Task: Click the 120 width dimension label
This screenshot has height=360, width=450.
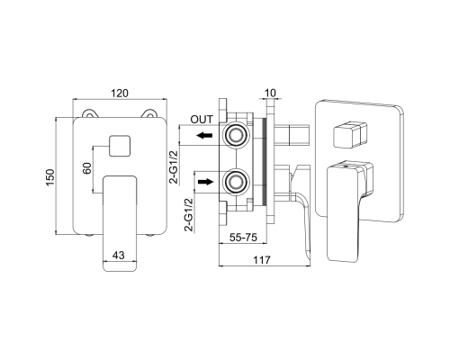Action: pyautogui.click(x=120, y=93)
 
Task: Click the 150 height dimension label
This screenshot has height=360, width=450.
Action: pyautogui.click(x=50, y=177)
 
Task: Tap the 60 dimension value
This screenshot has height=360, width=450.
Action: pyautogui.click(x=87, y=168)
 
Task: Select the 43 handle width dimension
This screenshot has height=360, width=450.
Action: pyautogui.click(x=118, y=256)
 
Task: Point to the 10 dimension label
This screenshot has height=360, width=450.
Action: pyautogui.click(x=270, y=93)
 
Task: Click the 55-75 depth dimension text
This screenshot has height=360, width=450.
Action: pyautogui.click(x=243, y=238)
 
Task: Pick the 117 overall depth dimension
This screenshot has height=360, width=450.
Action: pyautogui.click(x=262, y=260)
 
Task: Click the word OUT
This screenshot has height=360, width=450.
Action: pyautogui.click(x=202, y=120)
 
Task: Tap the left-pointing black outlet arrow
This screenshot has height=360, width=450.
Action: pyautogui.click(x=204, y=136)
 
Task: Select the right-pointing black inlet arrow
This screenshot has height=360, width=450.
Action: pyautogui.click(x=205, y=182)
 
